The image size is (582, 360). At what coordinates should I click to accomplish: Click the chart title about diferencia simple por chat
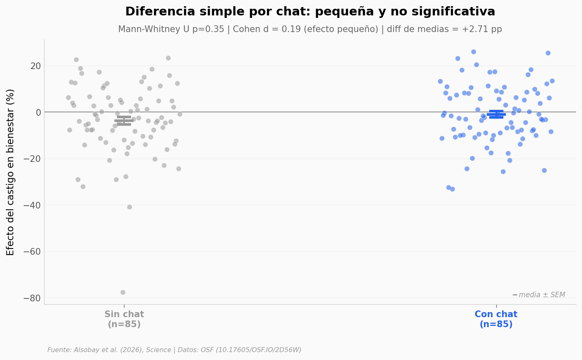310,12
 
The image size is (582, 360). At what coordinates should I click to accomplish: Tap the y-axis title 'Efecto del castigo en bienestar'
11,172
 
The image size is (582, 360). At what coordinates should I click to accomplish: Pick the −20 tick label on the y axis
29,159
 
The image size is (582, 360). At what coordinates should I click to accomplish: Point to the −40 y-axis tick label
29,205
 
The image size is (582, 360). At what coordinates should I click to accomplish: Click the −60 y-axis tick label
29,251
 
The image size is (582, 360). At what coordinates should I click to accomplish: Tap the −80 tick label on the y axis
29,298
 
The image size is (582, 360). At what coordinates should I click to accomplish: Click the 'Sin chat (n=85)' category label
124,319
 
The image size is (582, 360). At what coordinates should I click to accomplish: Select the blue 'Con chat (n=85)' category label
496,319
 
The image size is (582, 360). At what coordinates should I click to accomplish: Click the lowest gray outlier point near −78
123,292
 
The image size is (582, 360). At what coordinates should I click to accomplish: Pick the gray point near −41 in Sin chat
129,207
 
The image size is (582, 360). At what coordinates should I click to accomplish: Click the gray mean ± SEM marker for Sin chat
124,121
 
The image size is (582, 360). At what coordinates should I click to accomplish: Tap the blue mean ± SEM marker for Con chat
496,114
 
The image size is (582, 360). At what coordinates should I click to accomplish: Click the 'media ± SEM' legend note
541,295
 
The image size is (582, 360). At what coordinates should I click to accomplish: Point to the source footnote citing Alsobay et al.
174,350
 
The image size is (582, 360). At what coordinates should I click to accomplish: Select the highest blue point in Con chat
473,52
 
